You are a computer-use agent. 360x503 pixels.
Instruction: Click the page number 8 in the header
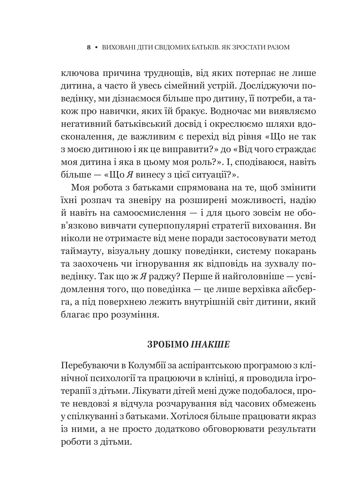coord(89,48)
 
